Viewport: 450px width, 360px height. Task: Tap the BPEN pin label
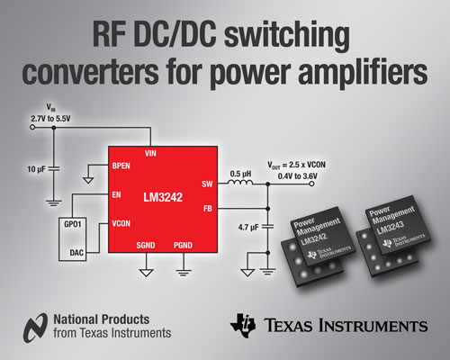coord(121,166)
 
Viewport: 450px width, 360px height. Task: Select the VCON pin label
coord(123,222)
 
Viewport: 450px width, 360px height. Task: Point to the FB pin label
coord(206,209)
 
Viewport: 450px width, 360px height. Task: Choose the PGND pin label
coord(183,246)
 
